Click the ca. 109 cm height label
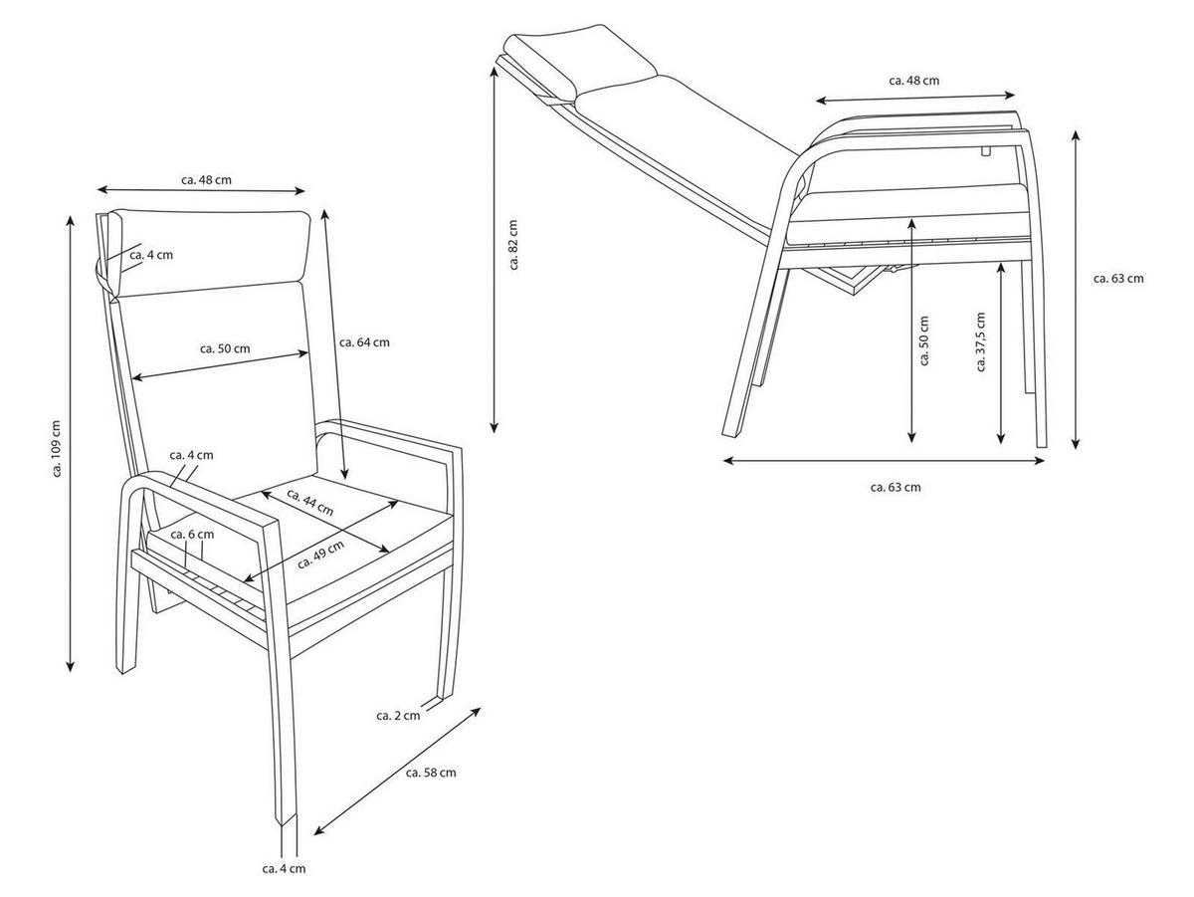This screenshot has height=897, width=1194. pos(57,448)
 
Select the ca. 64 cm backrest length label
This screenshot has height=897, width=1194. pos(364,342)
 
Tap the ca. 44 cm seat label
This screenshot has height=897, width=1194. pos(309,503)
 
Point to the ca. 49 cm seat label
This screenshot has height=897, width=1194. pos(321,555)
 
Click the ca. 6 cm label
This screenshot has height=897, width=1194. pos(192,534)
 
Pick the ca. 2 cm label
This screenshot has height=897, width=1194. pos(398,715)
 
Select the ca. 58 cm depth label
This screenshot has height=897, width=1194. pos(431,772)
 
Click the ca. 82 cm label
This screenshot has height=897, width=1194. pos(512,244)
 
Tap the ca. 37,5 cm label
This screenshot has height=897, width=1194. pos(980,341)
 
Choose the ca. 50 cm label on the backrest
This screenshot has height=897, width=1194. pos(225,348)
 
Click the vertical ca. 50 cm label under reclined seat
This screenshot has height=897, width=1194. pos(923,340)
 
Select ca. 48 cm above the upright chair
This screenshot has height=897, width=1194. pos(206,179)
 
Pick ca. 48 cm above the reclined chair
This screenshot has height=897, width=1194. pos(913,81)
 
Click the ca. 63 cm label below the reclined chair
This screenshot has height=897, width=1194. pos(895,487)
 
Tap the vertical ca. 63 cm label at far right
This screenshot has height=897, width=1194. pos(1118,278)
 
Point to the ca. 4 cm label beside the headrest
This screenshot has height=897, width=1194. pos(151,255)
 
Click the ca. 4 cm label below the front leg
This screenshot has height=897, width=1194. pos(284,868)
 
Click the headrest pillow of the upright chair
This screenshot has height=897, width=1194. pos(209,253)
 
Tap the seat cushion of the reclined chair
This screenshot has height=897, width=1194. pos(908,213)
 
